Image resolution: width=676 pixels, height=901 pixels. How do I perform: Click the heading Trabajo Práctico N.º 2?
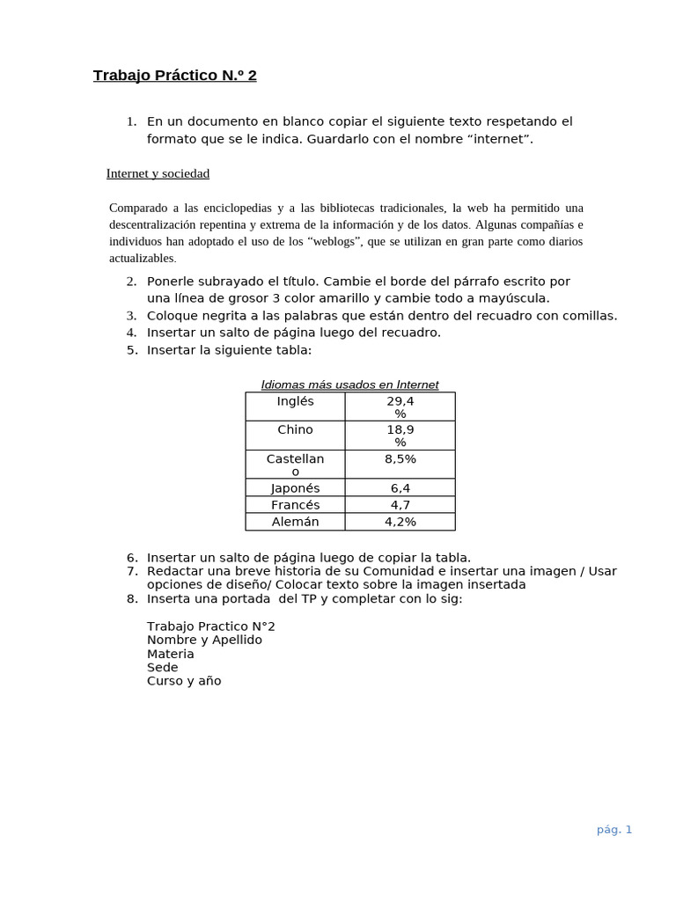click(174, 76)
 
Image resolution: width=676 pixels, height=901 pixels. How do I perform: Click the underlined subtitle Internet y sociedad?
click(158, 173)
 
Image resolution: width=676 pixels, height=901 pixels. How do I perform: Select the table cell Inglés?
click(295, 401)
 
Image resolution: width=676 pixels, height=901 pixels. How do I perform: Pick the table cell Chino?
click(295, 430)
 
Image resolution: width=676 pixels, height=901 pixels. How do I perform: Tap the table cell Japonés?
click(295, 487)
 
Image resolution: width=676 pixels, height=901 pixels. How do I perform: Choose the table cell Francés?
click(295, 505)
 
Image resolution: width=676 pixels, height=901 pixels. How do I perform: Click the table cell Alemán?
click(295, 522)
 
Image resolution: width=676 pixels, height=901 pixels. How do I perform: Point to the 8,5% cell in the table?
click(400, 459)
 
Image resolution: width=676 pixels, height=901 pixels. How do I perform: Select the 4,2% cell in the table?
click(400, 522)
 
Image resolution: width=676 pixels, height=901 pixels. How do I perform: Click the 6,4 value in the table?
click(400, 487)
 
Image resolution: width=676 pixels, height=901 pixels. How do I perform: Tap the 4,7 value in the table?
click(400, 505)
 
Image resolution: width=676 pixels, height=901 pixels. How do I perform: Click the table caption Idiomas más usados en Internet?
click(349, 385)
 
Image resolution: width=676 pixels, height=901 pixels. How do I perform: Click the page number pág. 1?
click(614, 829)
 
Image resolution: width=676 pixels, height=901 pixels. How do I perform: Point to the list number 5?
click(131, 349)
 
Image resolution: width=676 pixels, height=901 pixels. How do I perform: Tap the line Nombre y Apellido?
click(204, 640)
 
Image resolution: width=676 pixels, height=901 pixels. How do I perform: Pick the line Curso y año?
click(184, 681)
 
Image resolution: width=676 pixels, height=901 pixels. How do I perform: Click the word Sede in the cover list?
click(162, 667)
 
